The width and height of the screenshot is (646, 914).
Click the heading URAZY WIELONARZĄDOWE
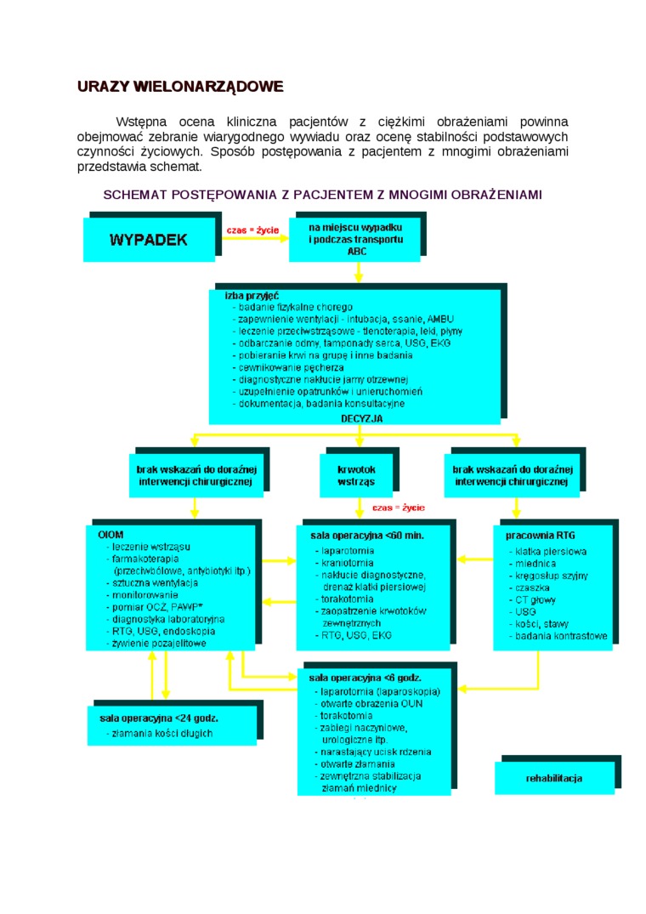[x=179, y=87]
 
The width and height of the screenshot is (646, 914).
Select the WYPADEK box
[x=148, y=239]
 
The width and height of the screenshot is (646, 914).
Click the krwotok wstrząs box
[x=356, y=475]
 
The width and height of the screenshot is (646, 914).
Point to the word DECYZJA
[x=361, y=418]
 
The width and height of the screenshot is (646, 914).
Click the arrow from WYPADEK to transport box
[x=255, y=240]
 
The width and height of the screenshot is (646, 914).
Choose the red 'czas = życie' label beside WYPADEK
[x=252, y=230]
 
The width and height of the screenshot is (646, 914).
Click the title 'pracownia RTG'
[x=540, y=536]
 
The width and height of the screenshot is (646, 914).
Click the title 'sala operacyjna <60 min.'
[x=367, y=536]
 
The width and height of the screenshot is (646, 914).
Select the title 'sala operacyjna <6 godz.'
[x=365, y=678]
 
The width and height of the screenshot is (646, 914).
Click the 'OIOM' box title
[x=111, y=535]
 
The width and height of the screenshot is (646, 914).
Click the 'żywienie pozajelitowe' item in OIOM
[x=159, y=644]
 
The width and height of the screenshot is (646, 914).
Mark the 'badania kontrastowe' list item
[x=560, y=636]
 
